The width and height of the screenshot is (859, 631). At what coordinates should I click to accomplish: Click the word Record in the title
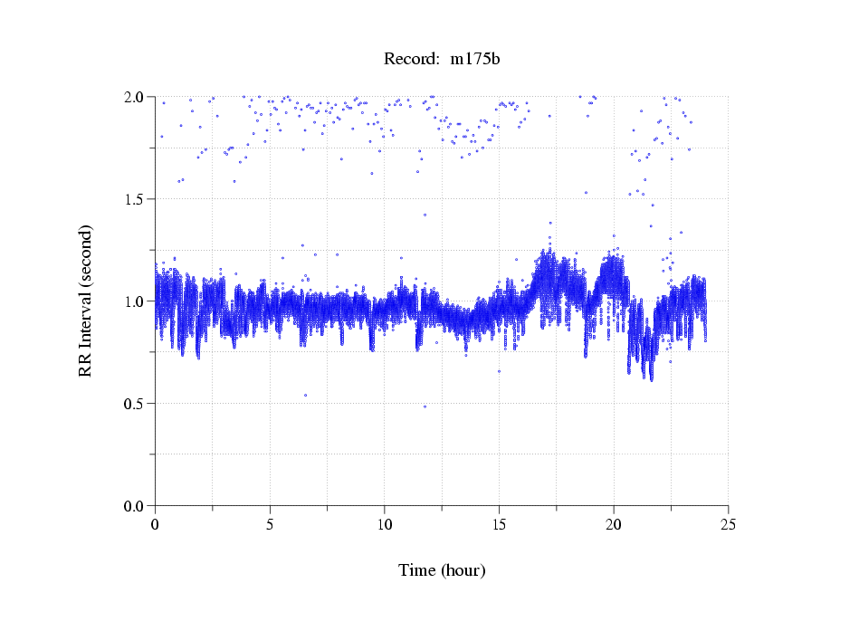point(408,60)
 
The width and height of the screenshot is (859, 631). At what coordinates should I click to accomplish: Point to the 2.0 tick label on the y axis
point(137,97)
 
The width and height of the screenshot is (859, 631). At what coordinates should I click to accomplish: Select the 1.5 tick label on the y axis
point(137,199)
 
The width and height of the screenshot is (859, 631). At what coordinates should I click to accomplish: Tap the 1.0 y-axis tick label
point(137,301)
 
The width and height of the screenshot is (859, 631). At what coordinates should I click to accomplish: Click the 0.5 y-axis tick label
point(137,404)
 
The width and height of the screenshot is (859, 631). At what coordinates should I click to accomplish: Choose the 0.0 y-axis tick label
point(137,506)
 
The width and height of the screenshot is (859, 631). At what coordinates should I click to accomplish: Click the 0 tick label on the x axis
point(155,524)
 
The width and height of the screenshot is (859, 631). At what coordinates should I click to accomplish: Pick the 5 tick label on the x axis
point(270,524)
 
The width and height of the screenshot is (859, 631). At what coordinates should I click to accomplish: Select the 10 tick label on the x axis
point(384,524)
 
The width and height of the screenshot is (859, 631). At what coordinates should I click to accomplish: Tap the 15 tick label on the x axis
point(499,524)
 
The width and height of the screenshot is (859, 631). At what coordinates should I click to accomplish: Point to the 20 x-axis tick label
point(614,524)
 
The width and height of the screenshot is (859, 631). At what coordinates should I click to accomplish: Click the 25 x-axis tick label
point(728,524)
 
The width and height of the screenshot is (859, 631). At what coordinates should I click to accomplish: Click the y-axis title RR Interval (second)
point(86,301)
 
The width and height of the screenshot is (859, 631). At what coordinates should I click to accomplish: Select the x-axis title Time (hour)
point(442,570)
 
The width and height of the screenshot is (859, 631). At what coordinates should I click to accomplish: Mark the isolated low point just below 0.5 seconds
point(425,406)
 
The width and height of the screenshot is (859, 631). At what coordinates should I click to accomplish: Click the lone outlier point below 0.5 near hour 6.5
point(305,395)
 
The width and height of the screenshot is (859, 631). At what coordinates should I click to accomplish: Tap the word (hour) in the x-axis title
point(463,570)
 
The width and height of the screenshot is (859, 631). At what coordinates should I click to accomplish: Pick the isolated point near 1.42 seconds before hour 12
point(425,215)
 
